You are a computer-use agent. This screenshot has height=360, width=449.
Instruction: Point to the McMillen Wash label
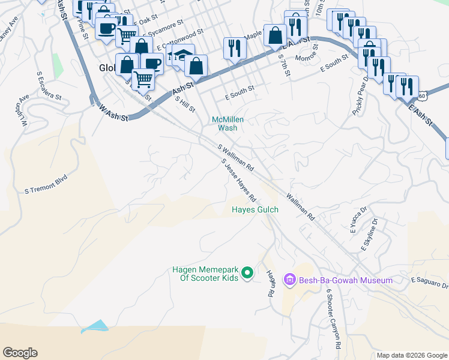pyautogui.click(x=228, y=124)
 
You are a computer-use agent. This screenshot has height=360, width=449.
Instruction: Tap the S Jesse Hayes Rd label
pyautogui.click(x=239, y=180)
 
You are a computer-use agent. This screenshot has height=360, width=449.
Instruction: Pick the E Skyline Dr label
pyautogui.click(x=369, y=235)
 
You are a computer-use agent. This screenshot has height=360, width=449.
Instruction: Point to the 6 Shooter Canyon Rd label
pyautogui.click(x=334, y=318)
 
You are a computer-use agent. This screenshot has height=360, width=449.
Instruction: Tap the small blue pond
pyautogui.click(x=95, y=326)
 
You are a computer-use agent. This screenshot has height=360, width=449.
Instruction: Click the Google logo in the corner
pyautogui.click(x=20, y=353)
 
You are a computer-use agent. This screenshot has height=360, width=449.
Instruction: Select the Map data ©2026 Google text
pyautogui.click(x=411, y=355)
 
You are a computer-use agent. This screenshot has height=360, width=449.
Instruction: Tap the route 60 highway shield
pyautogui.click(x=423, y=95)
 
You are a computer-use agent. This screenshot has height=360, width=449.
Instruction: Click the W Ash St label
pyautogui.click(x=114, y=112)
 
